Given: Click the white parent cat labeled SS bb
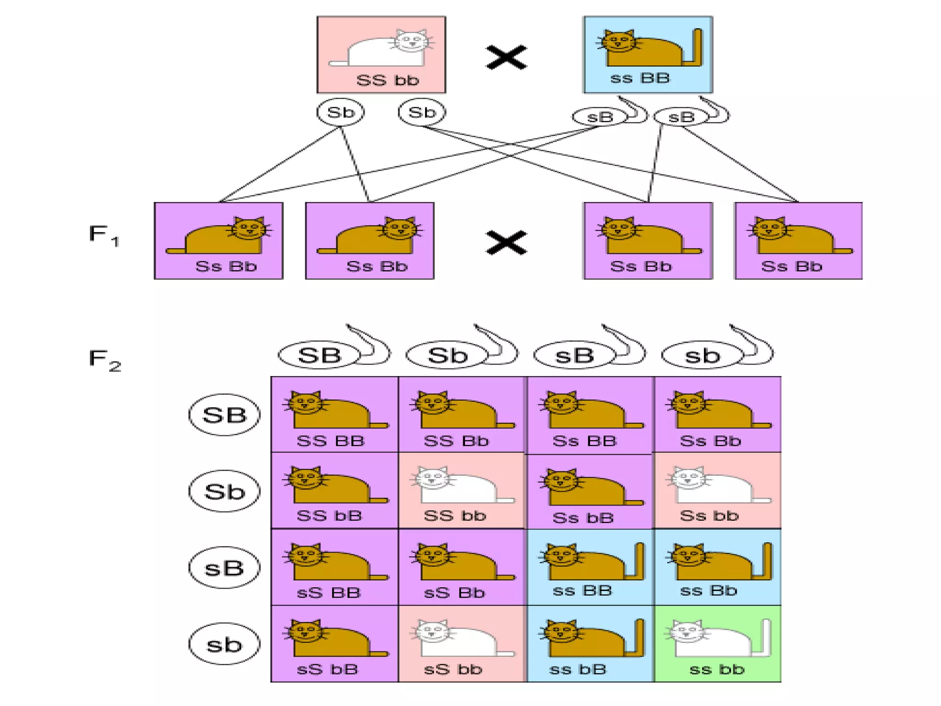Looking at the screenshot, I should point(381,48).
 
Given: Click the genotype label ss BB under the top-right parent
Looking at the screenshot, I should point(640,78).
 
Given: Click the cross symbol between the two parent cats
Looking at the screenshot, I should point(506,57).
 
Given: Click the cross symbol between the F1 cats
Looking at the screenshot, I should point(506,242).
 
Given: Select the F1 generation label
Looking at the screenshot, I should point(104,235).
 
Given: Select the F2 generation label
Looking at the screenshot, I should point(105,359).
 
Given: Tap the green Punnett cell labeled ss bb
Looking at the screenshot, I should point(717,643).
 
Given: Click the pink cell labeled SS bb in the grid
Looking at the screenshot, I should point(461,490).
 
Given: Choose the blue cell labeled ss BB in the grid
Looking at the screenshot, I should point(590,567).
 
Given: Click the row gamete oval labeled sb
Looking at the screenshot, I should point(224,644).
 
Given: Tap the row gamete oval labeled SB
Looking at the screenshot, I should point(224,415).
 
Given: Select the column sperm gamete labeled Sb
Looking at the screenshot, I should point(448,355).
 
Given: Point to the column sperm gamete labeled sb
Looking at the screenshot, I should point(703,355).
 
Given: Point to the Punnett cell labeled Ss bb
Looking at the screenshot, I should point(717,490).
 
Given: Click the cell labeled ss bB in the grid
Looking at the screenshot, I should point(590,643).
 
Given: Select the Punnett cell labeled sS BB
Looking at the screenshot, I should point(334,567).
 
